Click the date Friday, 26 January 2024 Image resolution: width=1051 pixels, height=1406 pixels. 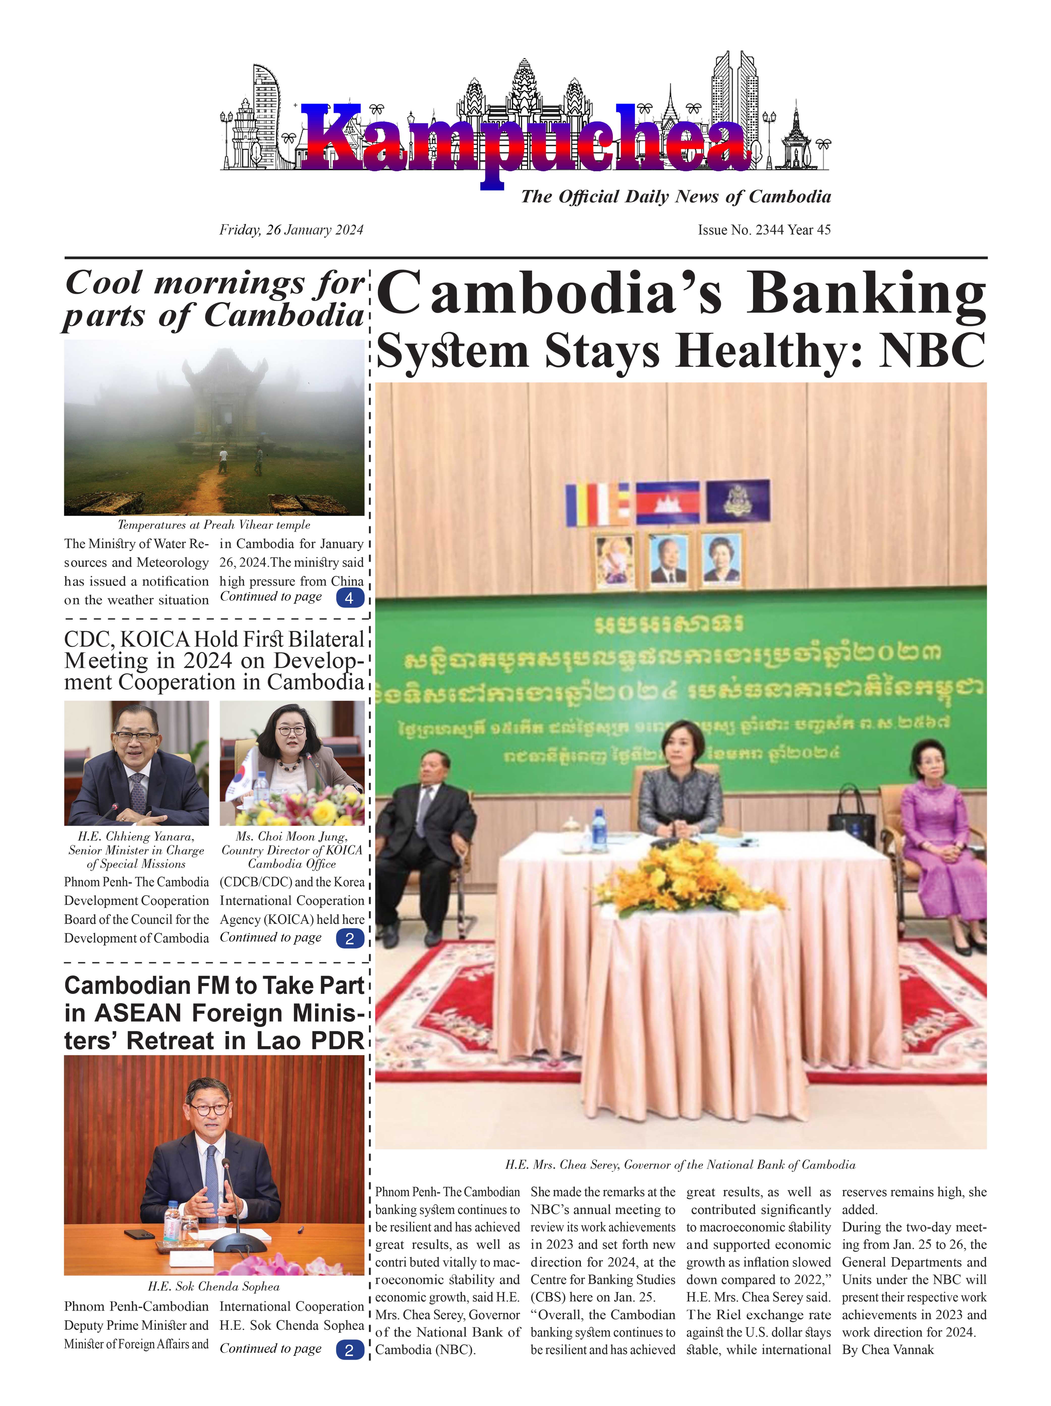pos(291,230)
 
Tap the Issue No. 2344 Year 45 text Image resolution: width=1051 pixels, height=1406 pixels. pos(764,230)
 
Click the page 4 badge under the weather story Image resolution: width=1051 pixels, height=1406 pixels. pos(349,598)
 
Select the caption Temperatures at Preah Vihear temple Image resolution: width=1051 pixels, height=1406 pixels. pos(214,525)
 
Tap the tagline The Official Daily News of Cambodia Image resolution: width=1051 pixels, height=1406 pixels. pos(675,197)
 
